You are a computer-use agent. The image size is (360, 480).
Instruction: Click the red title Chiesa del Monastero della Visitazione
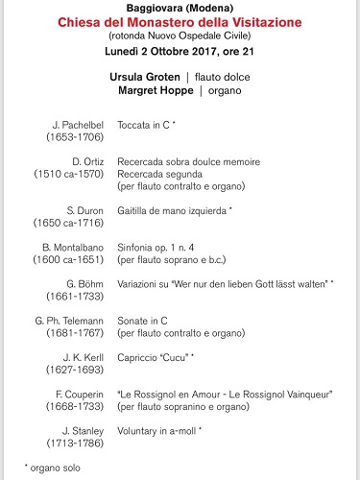[180, 21]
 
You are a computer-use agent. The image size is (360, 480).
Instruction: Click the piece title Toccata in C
[156, 125]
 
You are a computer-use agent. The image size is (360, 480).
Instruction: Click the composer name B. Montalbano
[72, 247]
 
